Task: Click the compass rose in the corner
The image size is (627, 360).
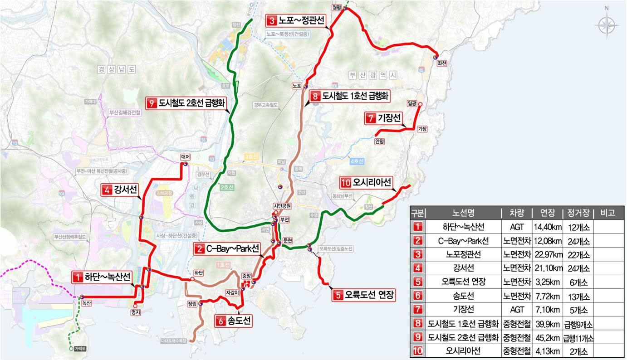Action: [607, 24]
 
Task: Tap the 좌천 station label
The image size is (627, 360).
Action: [441, 64]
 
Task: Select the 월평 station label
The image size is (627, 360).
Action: [336, 7]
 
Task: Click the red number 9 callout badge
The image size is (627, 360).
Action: [151, 103]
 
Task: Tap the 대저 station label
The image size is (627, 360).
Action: [185, 157]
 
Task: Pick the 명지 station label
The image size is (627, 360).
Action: [135, 311]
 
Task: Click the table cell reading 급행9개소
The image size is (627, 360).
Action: [578, 324]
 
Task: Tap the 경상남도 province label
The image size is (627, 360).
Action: [117, 69]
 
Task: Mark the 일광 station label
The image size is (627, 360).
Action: [412, 103]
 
